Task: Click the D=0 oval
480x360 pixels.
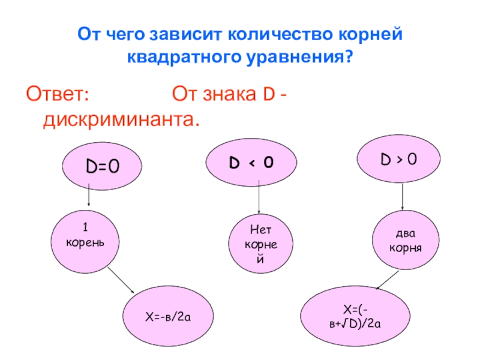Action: tap(102, 166)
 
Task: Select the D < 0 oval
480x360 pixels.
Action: tap(252, 161)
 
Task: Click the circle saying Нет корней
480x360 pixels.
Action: tap(259, 244)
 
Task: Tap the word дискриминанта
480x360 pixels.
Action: tap(120, 120)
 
